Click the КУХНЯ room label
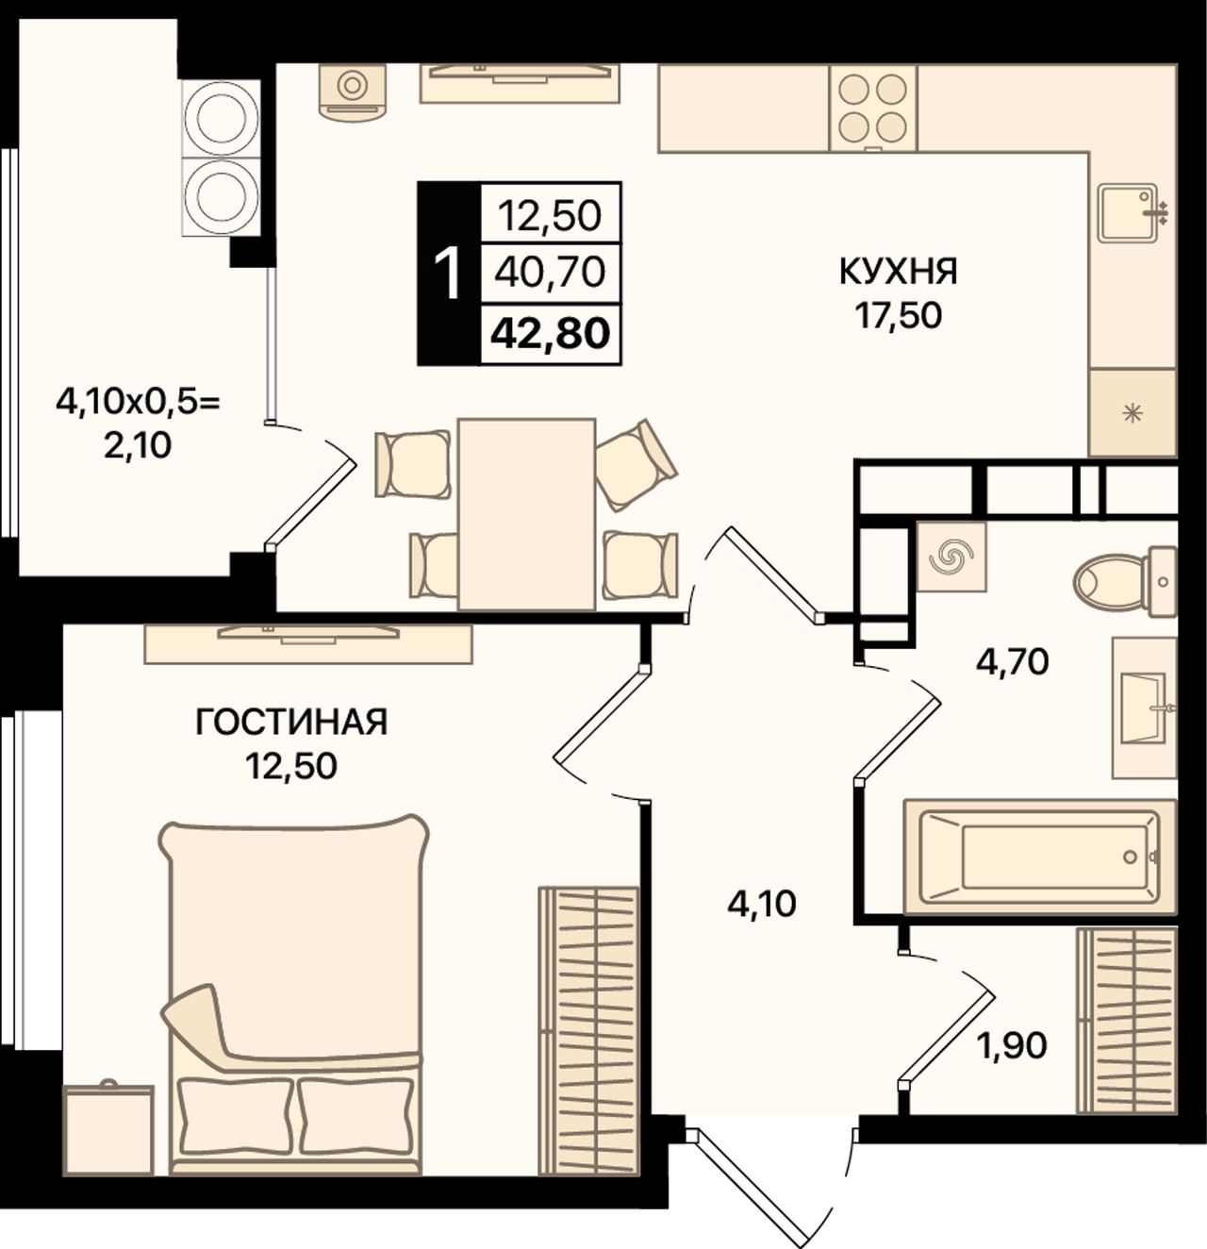coord(898,272)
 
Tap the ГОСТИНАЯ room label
coord(291,723)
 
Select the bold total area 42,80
coord(550,334)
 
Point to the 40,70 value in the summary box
coord(550,272)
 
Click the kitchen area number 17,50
coord(898,315)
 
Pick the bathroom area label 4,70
coord(1012,661)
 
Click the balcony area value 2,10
coord(138,445)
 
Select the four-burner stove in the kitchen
coord(872,108)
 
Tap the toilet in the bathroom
coord(1124,582)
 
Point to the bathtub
coord(1039,857)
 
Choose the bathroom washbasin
coord(1144,708)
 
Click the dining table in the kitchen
coord(527,514)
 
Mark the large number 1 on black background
coord(449,275)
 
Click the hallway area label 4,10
coord(762,905)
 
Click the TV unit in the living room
coord(308,643)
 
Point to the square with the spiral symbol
coord(951,557)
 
